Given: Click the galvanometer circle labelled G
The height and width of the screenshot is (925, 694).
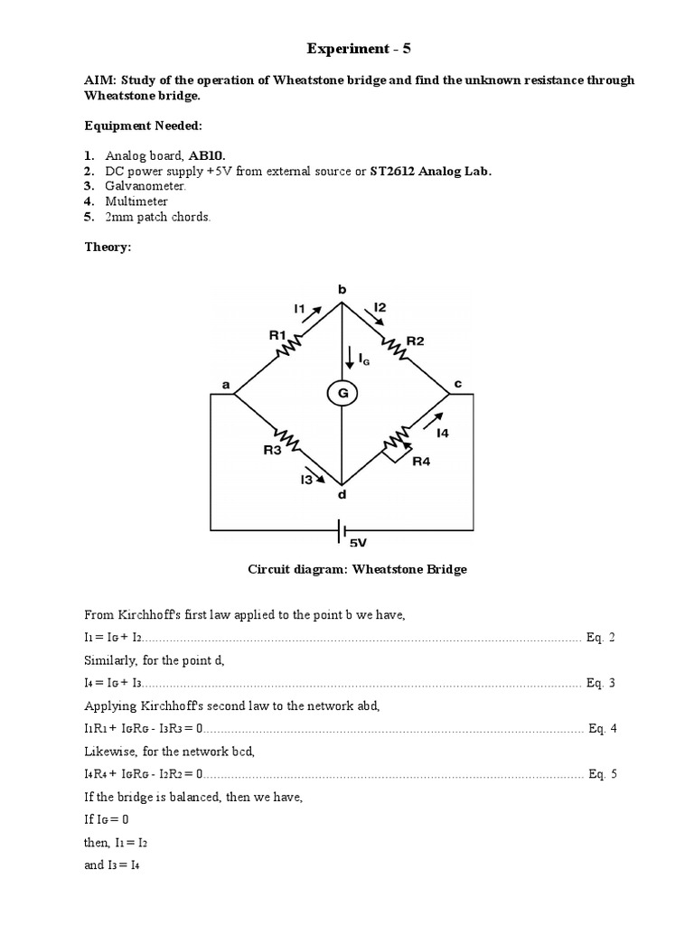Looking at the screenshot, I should pos(342,393).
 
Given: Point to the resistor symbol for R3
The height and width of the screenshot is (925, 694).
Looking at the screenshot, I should pos(289,440).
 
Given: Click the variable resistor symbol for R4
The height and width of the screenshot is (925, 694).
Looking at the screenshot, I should pos(394,442).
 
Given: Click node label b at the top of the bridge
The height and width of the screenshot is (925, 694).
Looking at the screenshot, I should pos(342,290).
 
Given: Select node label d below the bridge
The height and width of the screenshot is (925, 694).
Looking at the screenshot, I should pos(342,495).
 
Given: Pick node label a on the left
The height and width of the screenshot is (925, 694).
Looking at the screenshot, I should pos(226,385).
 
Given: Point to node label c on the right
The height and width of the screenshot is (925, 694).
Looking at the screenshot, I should pos(457,384).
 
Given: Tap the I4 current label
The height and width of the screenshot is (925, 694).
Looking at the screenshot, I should pos(442,434).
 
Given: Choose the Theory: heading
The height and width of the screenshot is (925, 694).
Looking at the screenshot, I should pos(108,247).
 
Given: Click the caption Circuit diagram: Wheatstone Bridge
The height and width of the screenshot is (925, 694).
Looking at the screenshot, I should pos(357,570).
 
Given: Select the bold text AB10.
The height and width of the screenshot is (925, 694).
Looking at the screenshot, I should pos(207,154).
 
